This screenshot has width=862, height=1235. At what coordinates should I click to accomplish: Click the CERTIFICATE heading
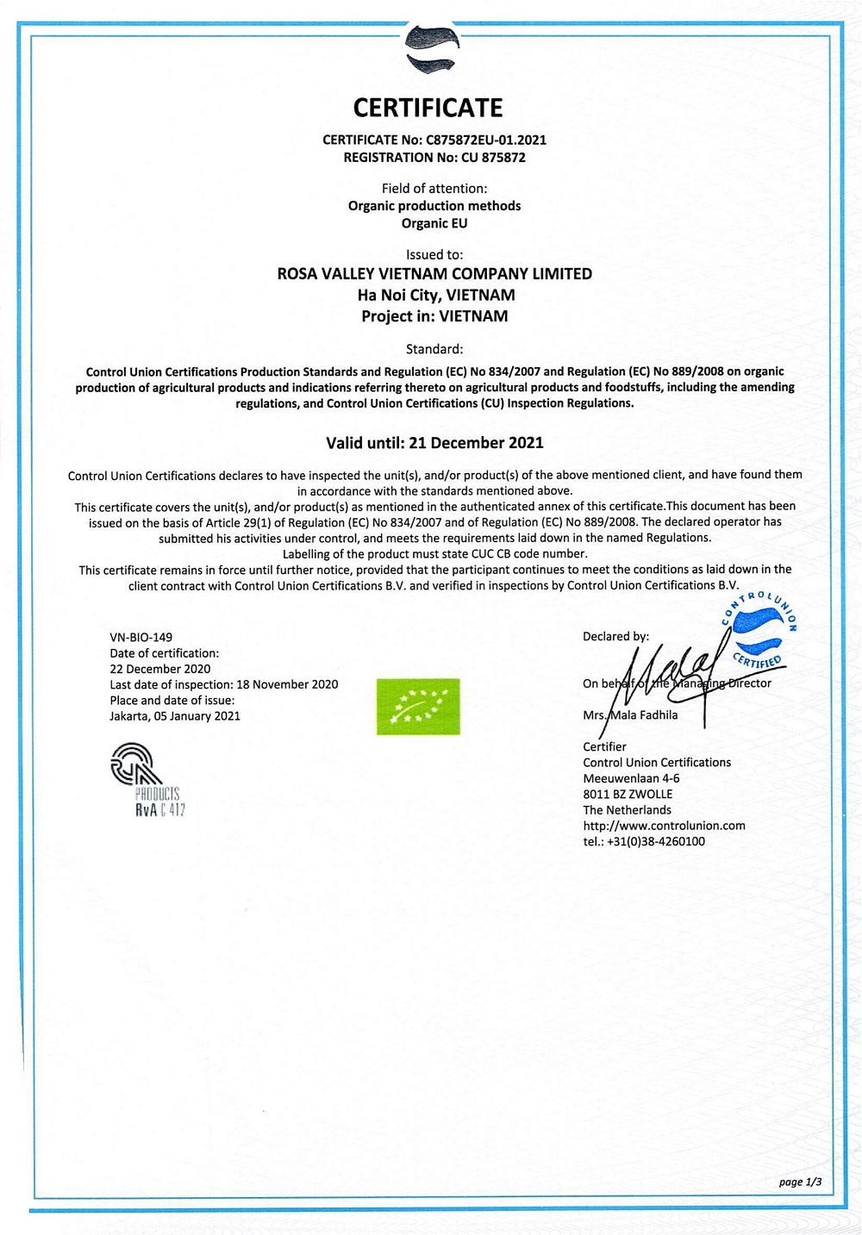(428, 108)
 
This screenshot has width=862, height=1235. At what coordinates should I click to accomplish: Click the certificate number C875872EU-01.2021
(486, 140)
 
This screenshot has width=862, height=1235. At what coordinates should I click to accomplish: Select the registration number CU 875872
(493, 157)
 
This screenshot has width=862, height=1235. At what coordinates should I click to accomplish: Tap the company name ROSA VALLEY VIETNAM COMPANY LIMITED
(434, 274)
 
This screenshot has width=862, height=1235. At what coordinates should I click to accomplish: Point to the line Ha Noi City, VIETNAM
(436, 295)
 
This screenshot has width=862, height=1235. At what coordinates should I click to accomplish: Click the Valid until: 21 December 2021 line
(434, 443)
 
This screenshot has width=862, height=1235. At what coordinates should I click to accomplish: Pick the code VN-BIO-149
(141, 638)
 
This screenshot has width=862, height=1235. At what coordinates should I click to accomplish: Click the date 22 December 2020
(159, 669)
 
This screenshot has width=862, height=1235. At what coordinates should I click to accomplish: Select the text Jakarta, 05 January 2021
(175, 716)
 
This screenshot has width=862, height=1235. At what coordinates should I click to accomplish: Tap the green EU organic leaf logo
(418, 707)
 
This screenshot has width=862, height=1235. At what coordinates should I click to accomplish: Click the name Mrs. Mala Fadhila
(630, 715)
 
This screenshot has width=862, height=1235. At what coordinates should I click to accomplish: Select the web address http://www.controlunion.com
(664, 826)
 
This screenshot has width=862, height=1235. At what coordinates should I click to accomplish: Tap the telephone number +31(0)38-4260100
(656, 842)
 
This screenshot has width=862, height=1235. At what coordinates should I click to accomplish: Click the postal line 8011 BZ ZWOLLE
(628, 795)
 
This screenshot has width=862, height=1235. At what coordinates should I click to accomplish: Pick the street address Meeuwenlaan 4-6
(631, 778)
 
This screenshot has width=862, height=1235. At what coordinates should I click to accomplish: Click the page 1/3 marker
(800, 1182)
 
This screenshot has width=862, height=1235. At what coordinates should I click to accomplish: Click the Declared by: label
(615, 637)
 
